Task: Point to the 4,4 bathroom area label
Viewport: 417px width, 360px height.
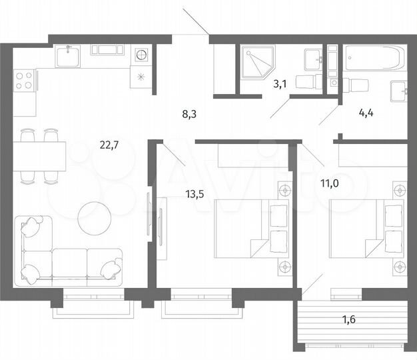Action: pyautogui.click(x=366, y=113)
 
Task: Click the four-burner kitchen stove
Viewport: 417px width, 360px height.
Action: pyautogui.click(x=24, y=81)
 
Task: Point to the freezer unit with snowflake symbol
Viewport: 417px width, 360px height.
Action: pyautogui.click(x=141, y=76)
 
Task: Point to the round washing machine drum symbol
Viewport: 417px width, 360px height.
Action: pyautogui.click(x=141, y=54)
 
